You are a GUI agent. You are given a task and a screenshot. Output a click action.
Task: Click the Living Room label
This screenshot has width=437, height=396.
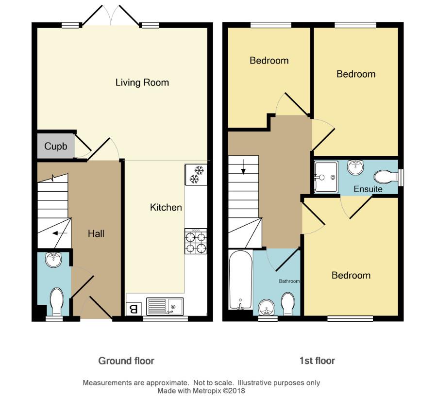coord(142,82)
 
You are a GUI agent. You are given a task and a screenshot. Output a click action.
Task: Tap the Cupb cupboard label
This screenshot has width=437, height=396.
coord(56,146)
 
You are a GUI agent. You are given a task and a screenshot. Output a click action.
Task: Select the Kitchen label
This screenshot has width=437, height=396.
coord(166,208)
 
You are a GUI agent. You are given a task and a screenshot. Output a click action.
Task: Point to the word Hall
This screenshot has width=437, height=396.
coord(96,233)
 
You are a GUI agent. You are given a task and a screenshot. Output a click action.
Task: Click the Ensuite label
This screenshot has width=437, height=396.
coord(368,189)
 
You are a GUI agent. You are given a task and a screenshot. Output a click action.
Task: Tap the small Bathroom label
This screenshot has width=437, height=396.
coord(289,281)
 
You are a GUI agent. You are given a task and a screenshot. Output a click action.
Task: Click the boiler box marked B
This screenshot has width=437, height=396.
coord(134,309)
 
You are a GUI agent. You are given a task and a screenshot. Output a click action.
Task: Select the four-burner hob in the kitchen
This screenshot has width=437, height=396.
coord(196,242)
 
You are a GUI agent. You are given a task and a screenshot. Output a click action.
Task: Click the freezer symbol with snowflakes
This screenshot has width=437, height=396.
coord(196,175)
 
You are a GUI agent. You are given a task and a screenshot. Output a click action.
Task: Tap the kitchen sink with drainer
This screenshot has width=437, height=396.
coord(165,306)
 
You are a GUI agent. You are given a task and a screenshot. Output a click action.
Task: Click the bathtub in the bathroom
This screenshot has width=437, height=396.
coord(240,280)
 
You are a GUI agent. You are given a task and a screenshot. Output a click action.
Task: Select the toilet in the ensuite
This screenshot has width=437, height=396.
coord(386,177)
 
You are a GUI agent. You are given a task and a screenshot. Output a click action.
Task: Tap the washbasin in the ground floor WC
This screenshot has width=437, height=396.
coord(53,260)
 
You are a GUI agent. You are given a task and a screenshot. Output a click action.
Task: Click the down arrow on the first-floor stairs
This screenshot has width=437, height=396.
coord(244,167)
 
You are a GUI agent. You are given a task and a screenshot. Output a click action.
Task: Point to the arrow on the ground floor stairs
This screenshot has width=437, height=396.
coord(60,233)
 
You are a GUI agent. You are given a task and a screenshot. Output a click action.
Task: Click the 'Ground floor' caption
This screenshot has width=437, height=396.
coord(126,361)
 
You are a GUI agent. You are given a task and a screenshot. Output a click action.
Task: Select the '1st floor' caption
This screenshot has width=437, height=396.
coord(317,361)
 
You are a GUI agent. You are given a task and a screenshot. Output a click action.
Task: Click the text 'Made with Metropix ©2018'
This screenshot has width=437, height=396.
coord(201,391)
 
